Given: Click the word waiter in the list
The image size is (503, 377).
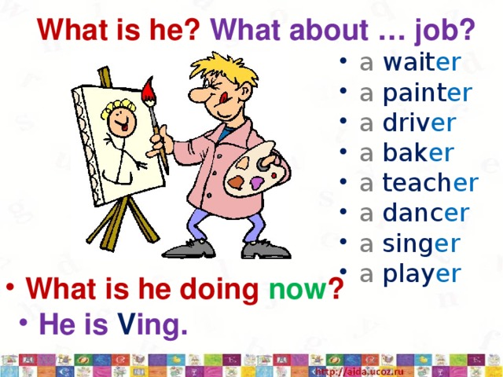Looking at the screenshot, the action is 422,62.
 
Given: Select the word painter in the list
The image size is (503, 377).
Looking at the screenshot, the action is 428,93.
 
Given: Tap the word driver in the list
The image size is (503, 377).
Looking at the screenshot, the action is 419,123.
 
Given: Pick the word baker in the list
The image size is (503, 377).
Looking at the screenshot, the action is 418,152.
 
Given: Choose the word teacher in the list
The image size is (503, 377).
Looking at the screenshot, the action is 431,182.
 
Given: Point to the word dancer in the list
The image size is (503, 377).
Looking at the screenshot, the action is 426,213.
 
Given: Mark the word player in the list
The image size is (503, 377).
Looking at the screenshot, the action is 422,275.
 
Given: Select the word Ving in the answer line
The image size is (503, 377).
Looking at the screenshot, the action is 152,324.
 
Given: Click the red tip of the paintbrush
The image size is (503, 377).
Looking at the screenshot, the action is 149,89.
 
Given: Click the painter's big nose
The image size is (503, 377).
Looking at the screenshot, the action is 198,94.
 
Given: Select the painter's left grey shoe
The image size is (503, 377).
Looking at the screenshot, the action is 189,249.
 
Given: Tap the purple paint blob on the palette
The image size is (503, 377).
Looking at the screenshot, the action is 257,183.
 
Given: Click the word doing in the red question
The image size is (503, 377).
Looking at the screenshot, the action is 219,290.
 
